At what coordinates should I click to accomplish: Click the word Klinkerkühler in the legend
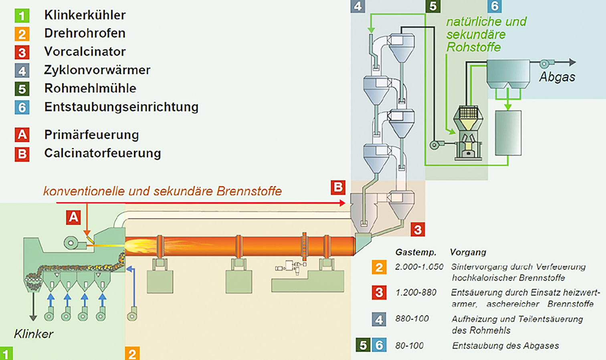click(85, 15)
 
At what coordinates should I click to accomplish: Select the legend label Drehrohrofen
click(85, 33)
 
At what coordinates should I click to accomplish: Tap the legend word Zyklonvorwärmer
click(97, 70)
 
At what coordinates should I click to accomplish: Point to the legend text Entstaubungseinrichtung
click(121, 107)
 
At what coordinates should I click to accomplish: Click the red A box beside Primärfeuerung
click(22, 135)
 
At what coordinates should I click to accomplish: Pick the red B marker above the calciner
click(338, 187)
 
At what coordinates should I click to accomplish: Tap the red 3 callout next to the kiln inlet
click(418, 229)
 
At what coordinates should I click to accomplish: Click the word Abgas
click(557, 77)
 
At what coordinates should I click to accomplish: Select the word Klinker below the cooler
click(34, 334)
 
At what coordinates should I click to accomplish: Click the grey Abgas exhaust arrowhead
click(572, 62)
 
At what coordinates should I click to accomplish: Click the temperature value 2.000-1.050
click(419, 267)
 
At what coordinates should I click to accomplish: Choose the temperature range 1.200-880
click(416, 293)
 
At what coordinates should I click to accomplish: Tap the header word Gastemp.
click(416, 253)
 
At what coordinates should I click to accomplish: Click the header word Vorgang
click(468, 253)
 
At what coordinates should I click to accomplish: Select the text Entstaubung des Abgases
click(505, 346)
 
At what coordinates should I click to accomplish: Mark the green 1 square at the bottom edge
click(6, 354)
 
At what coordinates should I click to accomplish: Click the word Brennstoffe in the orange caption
click(249, 191)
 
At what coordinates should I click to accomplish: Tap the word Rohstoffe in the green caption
click(473, 47)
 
